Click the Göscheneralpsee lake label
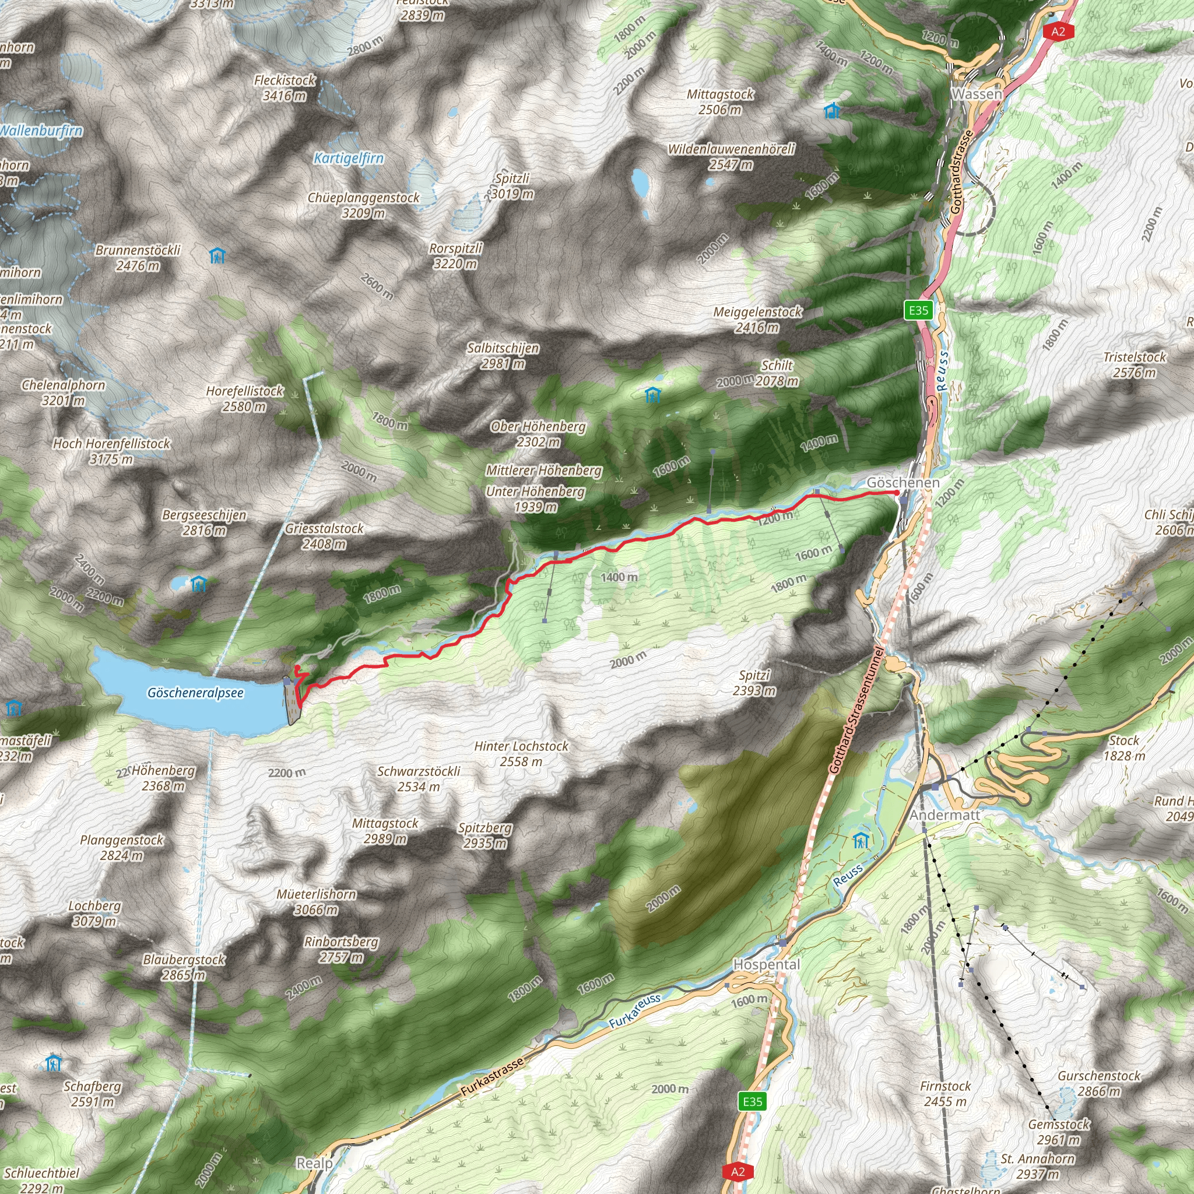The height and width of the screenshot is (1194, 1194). pyautogui.click(x=195, y=693)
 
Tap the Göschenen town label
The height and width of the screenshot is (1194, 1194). pyautogui.click(x=903, y=483)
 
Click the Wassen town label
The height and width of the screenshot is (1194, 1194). pyautogui.click(x=977, y=94)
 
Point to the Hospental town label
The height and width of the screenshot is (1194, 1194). pyautogui.click(x=766, y=964)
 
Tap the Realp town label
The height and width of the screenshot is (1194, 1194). pyautogui.click(x=315, y=1163)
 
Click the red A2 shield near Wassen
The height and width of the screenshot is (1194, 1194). pyautogui.click(x=1058, y=31)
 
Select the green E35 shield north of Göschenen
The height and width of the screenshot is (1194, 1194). pyautogui.click(x=918, y=310)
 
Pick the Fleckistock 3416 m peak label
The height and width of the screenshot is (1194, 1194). pyautogui.click(x=285, y=88)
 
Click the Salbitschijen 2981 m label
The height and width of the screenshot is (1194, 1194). pyautogui.click(x=503, y=356)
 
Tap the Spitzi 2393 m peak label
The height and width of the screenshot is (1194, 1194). pyautogui.click(x=754, y=683)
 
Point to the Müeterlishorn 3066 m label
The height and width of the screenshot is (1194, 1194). pyautogui.click(x=316, y=902)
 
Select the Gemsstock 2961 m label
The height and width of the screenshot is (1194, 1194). pyautogui.click(x=1059, y=1132)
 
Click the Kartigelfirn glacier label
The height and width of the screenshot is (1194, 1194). pyautogui.click(x=349, y=158)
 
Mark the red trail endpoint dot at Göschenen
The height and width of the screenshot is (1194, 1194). pyautogui.click(x=897, y=493)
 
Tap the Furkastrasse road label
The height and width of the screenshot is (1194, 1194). pyautogui.click(x=492, y=1077)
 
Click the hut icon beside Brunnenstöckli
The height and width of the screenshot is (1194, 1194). pyautogui.click(x=217, y=255)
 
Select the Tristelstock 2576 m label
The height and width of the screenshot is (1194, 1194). pyautogui.click(x=1134, y=364)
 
